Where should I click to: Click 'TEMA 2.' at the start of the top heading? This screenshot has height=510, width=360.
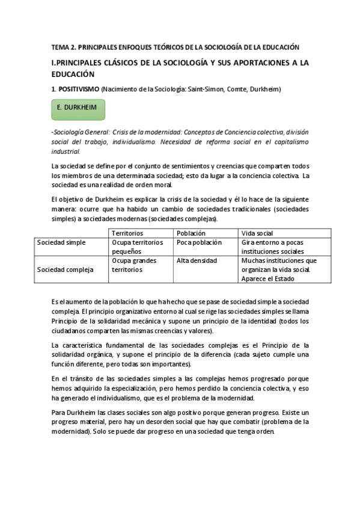pyautogui.click(x=61, y=47)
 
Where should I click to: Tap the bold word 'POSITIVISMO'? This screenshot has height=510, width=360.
pyautogui.click(x=78, y=89)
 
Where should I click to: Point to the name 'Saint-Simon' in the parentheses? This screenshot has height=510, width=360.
pyautogui.click(x=206, y=89)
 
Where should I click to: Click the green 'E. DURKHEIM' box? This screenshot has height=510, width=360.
pyautogui.click(x=78, y=111)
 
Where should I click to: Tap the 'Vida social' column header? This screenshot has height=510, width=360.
pyautogui.click(x=257, y=233)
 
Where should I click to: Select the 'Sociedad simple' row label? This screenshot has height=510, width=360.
pyautogui.click(x=61, y=242)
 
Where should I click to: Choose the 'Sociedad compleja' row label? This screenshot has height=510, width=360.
pyautogui.click(x=65, y=269)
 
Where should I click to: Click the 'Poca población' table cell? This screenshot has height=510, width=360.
pyautogui.click(x=199, y=242)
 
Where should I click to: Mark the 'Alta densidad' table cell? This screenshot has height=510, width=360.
pyautogui.click(x=197, y=260)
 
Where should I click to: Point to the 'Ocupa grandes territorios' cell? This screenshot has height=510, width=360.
pyautogui.click(x=135, y=265)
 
